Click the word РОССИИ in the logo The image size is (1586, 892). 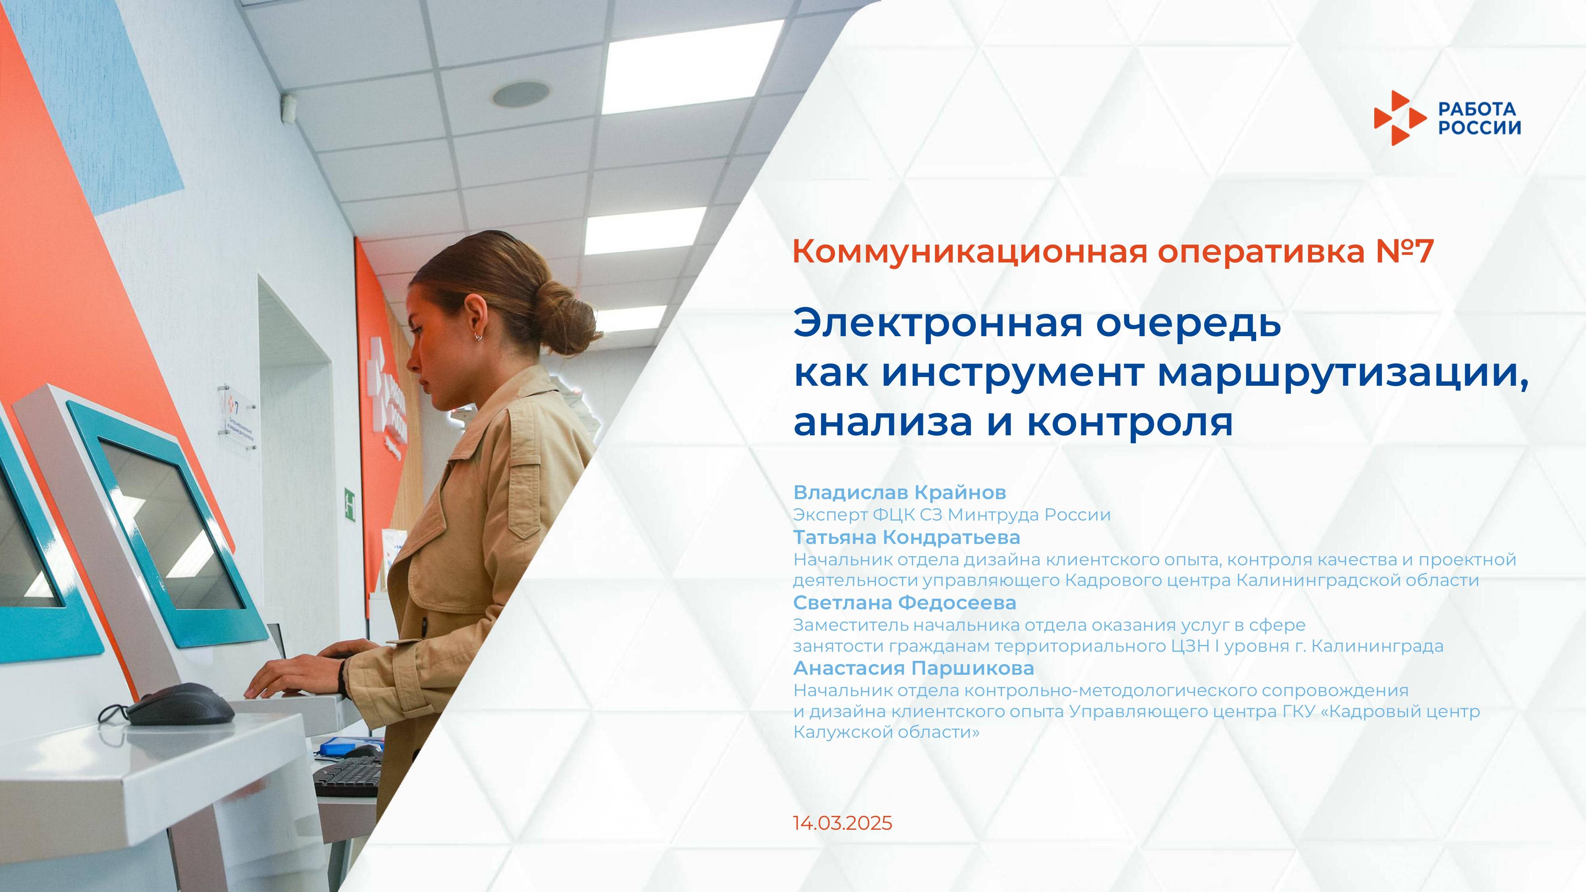[x=1479, y=127]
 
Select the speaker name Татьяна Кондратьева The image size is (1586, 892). [x=906, y=538]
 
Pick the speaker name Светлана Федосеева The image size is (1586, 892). [x=904, y=603]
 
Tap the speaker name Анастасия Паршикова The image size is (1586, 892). [x=914, y=668]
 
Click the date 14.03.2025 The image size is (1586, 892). [x=842, y=824]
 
